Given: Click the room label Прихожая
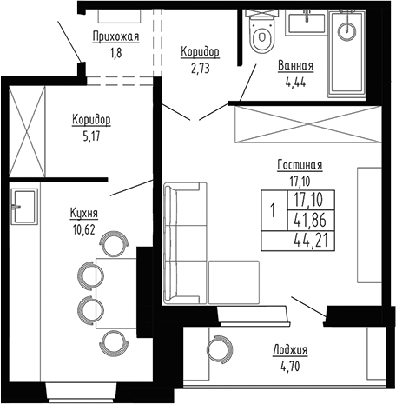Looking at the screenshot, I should pyautogui.click(x=115, y=36).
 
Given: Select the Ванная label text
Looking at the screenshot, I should pyautogui.click(x=295, y=66).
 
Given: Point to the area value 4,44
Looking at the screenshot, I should pyautogui.click(x=295, y=83).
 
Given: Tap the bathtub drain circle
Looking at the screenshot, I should pyautogui.click(x=349, y=32).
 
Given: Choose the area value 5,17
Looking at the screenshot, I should pyautogui.click(x=91, y=136).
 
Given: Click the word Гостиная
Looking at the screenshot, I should pyautogui.click(x=300, y=166).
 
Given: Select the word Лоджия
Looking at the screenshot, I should pyautogui.click(x=290, y=350).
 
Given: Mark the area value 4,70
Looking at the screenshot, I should pyautogui.click(x=290, y=368).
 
